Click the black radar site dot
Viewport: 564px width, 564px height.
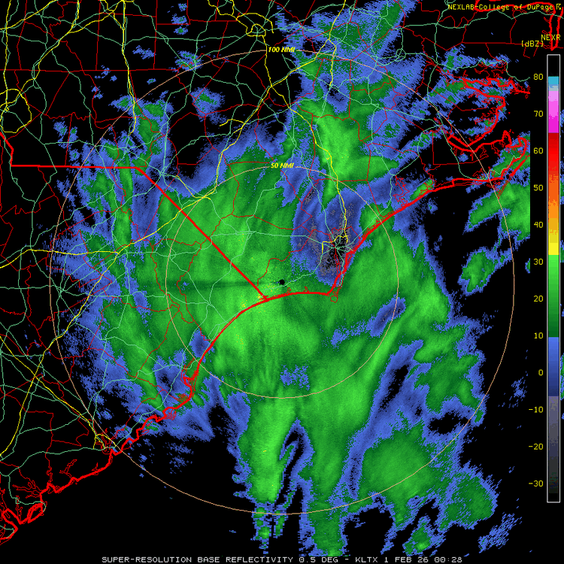point(281,282)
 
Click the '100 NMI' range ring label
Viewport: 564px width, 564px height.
point(281,50)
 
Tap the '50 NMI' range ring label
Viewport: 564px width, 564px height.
point(281,165)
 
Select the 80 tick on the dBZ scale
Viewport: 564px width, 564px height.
point(538,77)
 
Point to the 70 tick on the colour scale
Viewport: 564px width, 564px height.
point(538,114)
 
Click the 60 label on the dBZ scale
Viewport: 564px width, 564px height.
point(538,150)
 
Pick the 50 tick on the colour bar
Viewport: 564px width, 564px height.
point(538,187)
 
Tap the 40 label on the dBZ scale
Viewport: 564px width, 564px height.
point(538,224)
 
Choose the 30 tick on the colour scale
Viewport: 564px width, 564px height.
point(538,262)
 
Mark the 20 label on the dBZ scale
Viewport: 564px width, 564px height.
point(538,299)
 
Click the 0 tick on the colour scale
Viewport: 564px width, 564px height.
point(538,372)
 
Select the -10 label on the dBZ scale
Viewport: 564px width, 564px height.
point(537,409)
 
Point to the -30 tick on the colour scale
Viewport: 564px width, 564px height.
point(537,484)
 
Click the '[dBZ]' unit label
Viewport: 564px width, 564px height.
point(532,43)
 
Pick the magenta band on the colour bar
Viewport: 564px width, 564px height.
point(553,113)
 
